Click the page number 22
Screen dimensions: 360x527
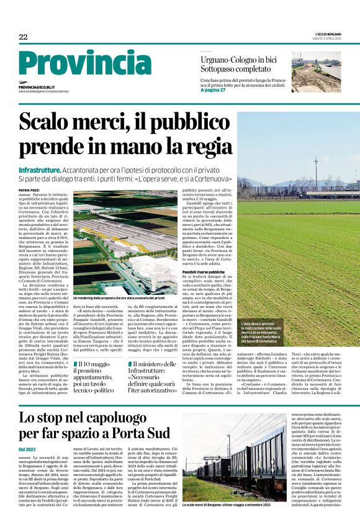[x=23, y=37]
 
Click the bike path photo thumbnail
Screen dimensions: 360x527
[x=316, y=72]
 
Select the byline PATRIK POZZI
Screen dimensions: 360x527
[x=29, y=190]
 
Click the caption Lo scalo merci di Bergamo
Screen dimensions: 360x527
[x=225, y=523]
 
